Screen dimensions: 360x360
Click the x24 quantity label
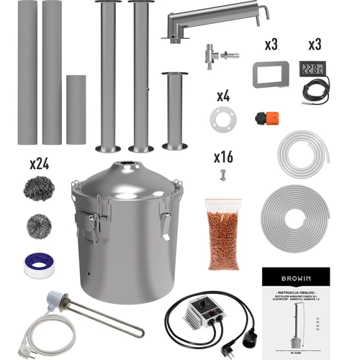pos(39,164)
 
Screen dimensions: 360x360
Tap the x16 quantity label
pos(222,156)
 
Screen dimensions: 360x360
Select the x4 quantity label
pos(224,96)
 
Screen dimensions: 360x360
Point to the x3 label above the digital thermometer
pos(314,45)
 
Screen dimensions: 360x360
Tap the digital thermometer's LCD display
pos(314,69)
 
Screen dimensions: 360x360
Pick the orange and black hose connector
pos(264,116)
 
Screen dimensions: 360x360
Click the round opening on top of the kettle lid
pos(127,166)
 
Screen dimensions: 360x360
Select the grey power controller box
pos(189,312)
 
